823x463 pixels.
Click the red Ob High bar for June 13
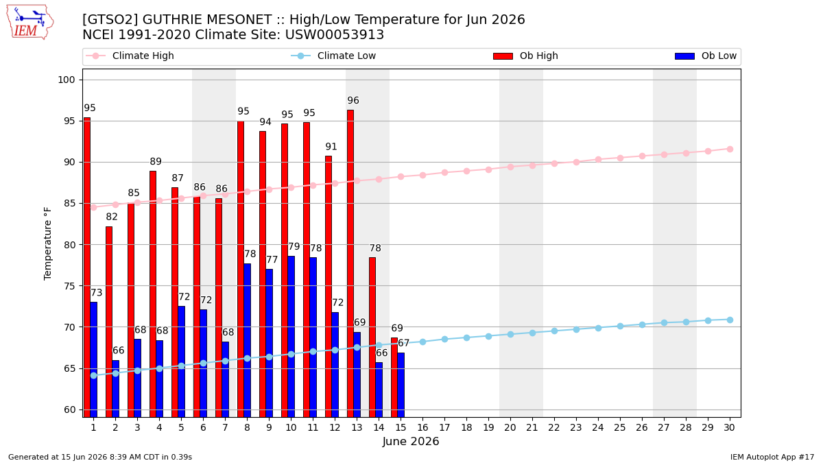(350, 263)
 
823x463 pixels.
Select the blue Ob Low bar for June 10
(291, 337)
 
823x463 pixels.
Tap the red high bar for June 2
(109, 322)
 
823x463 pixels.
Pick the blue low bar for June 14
(379, 390)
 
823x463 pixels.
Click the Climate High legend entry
(130, 56)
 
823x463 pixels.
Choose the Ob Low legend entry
(706, 56)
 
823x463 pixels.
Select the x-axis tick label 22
(554, 427)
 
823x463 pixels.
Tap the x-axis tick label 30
(729, 427)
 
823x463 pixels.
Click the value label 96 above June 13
(353, 100)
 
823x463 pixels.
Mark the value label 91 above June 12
(331, 147)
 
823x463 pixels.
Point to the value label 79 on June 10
(294, 246)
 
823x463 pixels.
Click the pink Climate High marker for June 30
(730, 150)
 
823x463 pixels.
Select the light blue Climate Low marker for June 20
(510, 335)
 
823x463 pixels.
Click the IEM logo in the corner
(30, 23)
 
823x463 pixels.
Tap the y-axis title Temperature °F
(48, 244)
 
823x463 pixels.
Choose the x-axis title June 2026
(410, 441)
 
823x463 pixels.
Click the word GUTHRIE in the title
(178, 19)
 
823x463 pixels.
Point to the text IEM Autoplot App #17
(772, 457)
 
